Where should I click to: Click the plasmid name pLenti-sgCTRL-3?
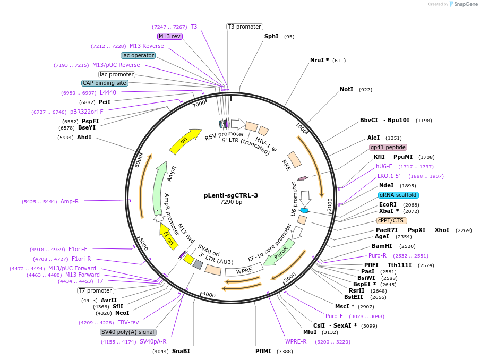[x=231, y=195]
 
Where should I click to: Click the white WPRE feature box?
[x=244, y=270]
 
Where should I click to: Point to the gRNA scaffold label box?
[x=398, y=195]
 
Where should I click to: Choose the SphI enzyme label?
[x=271, y=37]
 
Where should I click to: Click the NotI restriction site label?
[x=346, y=89]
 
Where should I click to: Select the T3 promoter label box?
[x=244, y=27]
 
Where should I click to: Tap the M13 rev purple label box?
[x=170, y=36]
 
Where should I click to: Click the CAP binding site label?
[x=104, y=83]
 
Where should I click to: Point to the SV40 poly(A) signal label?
[x=128, y=332]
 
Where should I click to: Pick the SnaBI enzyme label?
[x=181, y=351]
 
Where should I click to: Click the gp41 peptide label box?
[x=388, y=147]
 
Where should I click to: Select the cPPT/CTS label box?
[x=392, y=220]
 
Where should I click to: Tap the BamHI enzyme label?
[x=382, y=246]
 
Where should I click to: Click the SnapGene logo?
[x=462, y=4]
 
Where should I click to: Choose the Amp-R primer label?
[x=70, y=201]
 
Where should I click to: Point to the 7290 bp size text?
[x=231, y=202]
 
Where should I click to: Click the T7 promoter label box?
[x=96, y=290]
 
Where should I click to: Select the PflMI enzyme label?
[x=263, y=351]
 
